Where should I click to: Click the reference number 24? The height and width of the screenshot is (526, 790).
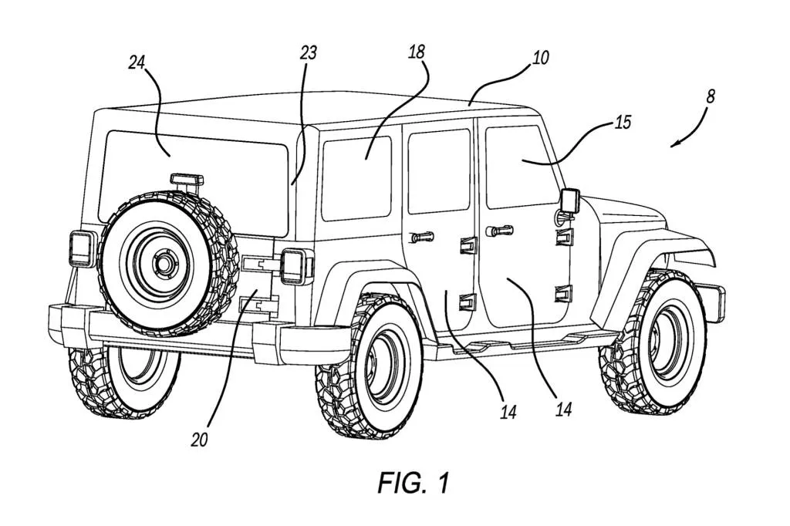tap(137, 63)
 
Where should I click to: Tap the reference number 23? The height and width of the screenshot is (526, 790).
tap(309, 53)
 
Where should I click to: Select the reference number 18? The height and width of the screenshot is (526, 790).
tap(417, 52)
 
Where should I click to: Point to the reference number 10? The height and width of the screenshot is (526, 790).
tap(540, 58)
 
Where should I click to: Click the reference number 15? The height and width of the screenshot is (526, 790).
tap(623, 123)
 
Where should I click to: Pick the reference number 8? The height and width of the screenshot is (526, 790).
tap(711, 96)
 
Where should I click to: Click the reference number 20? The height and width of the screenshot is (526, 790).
tap(200, 440)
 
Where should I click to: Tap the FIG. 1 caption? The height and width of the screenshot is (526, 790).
tap(414, 483)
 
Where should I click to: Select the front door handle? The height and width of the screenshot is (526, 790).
tap(499, 231)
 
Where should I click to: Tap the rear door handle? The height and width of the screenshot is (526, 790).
tap(422, 236)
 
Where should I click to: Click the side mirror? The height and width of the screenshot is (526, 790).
tap(570, 201)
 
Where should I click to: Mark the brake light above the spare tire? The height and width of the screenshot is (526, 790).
tap(187, 180)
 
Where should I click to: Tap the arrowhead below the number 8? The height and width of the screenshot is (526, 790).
tap(674, 145)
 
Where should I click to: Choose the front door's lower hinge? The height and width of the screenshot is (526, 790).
tap(564, 295)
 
